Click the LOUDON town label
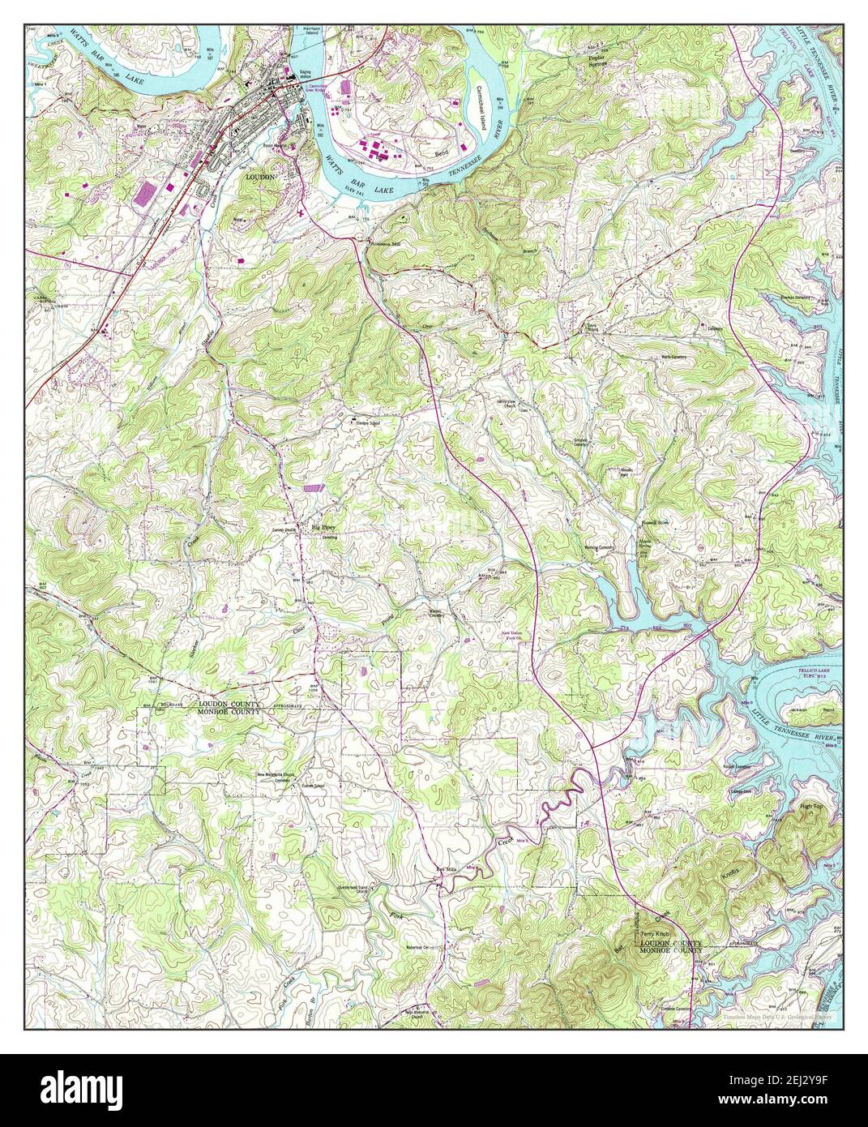260,176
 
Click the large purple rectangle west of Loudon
147,194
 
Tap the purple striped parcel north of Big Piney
312,488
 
